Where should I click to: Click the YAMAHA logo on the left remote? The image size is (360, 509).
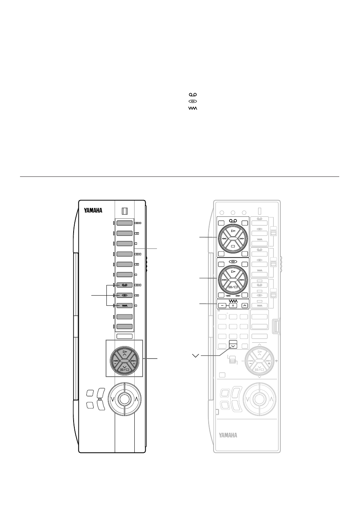pos(93,210)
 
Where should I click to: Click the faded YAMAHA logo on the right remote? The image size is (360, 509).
pos(228,435)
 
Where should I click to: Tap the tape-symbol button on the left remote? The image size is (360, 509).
pos(125,285)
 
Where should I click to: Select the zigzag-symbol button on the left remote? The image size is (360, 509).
pos(125,306)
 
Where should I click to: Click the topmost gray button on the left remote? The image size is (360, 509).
pos(125,223)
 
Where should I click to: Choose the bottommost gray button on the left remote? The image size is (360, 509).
pos(125,327)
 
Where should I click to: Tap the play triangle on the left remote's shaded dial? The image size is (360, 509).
pos(125,351)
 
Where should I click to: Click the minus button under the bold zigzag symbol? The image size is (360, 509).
pos(222,306)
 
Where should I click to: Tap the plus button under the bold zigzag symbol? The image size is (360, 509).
pos(233,306)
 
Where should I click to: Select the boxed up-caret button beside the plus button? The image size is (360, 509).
pos(245,306)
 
